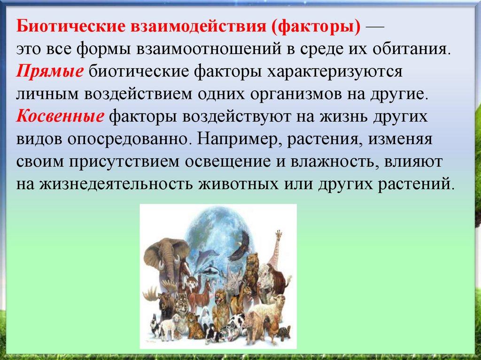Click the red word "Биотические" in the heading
coord(71,26)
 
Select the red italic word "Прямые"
coord(50,72)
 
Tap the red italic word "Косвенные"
coord(60,117)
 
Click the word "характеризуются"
coord(335,72)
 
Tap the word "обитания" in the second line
coord(411,49)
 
